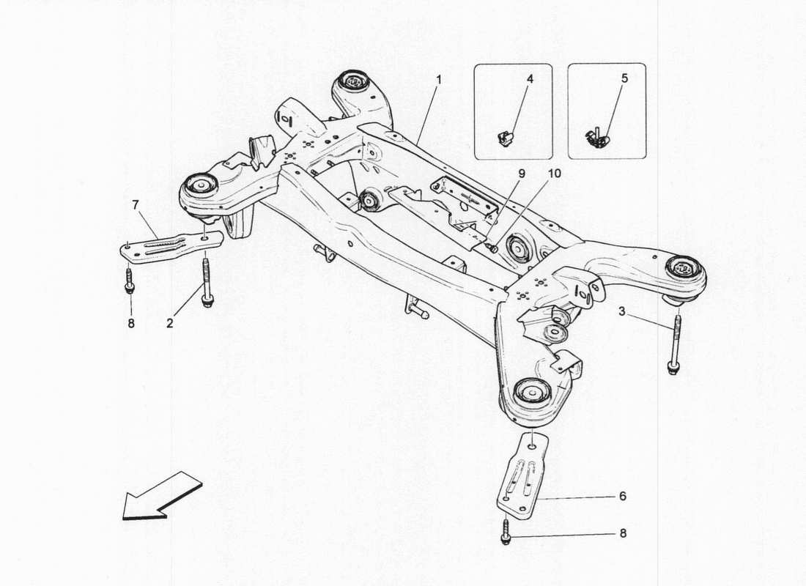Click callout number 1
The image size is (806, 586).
(439, 78)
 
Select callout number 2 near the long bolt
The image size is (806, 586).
(169, 323)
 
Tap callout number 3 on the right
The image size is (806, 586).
(621, 313)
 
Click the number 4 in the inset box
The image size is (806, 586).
(529, 78)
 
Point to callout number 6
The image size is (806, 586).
(622, 497)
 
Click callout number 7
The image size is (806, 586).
(135, 204)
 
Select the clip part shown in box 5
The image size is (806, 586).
(597, 137)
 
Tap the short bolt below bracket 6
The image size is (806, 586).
(506, 533)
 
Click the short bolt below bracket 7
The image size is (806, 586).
(130, 281)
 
